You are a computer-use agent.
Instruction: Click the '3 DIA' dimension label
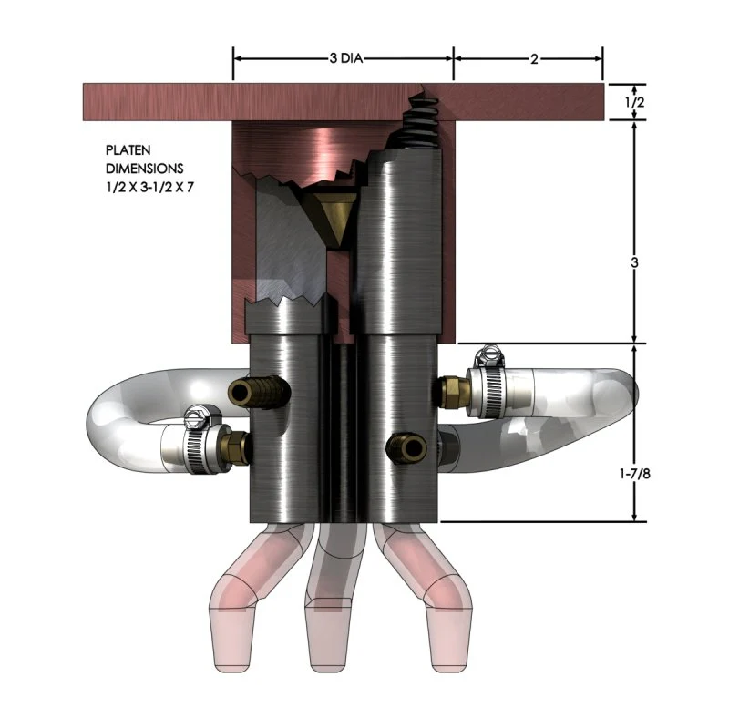pyautogui.click(x=346, y=58)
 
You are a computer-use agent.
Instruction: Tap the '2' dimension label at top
pyautogui.click(x=534, y=59)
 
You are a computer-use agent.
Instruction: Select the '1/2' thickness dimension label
pyautogui.click(x=634, y=102)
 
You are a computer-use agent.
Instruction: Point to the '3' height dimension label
pyautogui.click(x=634, y=262)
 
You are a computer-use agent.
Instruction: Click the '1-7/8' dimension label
pyautogui.click(x=634, y=474)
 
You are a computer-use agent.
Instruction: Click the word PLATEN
pyautogui.click(x=128, y=150)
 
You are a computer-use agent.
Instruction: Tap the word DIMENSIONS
pyautogui.click(x=145, y=168)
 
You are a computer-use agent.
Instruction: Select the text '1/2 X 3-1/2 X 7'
pyautogui.click(x=149, y=187)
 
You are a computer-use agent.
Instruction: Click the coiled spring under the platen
pyautogui.click(x=422, y=122)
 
